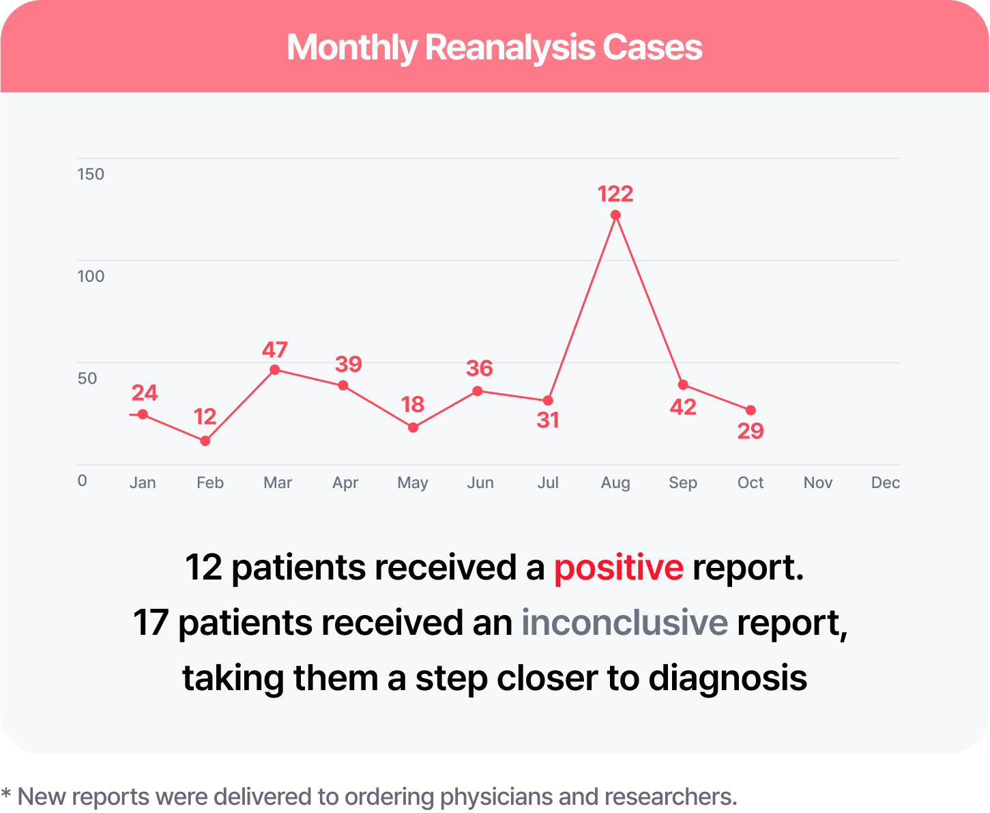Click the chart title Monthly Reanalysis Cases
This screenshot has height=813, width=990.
tap(494, 47)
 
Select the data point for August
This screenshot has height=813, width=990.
tap(615, 215)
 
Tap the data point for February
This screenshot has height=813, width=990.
tap(205, 441)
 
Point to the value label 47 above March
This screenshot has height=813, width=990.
tap(275, 350)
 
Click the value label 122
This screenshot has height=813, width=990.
tap(615, 194)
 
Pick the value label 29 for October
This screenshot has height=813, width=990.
tap(751, 431)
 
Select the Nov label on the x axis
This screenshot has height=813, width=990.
tap(817, 483)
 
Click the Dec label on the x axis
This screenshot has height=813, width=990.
tap(885, 483)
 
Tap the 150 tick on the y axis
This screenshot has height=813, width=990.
tap(91, 174)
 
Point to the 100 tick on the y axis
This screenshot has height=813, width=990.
tap(91, 276)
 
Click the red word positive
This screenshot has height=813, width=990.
tap(618, 568)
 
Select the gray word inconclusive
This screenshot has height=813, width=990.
tap(624, 623)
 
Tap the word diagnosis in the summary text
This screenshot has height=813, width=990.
tap(727, 678)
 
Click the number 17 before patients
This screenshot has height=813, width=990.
tap(151, 623)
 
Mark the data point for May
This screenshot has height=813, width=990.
tap(413, 428)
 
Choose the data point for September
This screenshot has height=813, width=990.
tap(683, 385)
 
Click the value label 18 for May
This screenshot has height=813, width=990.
tap(413, 405)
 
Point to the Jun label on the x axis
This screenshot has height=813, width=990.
tap(480, 483)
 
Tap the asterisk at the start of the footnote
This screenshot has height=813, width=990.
tap(7, 795)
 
